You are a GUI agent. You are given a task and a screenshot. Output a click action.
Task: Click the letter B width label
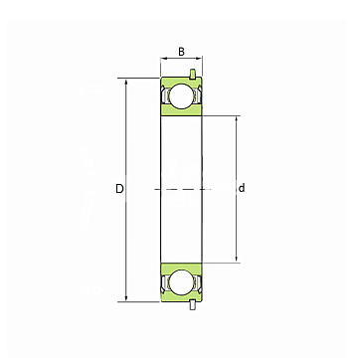[x=181, y=52]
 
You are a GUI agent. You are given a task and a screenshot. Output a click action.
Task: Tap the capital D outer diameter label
[x=119, y=189]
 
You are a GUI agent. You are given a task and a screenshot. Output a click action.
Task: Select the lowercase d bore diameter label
[x=242, y=188]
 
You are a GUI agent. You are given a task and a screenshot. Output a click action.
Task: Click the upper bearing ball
[x=181, y=95]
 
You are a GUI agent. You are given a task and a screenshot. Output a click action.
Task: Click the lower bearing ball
[x=181, y=281]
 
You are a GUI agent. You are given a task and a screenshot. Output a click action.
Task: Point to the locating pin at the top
[x=192, y=75]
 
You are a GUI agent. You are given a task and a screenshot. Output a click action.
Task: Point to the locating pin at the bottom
[x=192, y=305]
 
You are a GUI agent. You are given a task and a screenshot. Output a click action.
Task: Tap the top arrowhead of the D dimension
[x=126, y=82]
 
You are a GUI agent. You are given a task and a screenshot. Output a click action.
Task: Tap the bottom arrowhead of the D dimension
[x=126, y=298]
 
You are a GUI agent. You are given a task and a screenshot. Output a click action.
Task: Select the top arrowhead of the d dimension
[x=237, y=119]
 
